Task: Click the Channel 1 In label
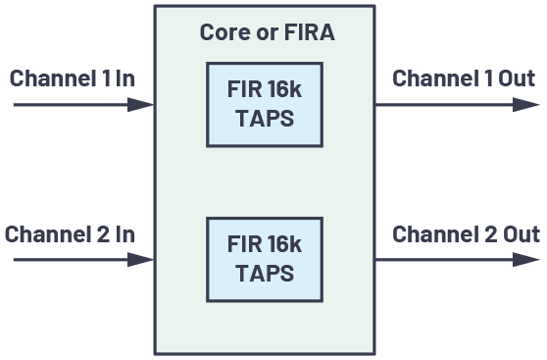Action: pyautogui.click(x=73, y=78)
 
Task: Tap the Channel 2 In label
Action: pyautogui.click(x=70, y=235)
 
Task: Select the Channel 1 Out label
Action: pyautogui.click(x=464, y=78)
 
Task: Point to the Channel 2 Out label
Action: pyautogui.click(x=466, y=235)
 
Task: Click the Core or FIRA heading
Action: pyautogui.click(x=267, y=32)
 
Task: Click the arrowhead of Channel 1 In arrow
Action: pyautogui.click(x=143, y=104)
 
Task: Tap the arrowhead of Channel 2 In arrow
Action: pyautogui.click(x=143, y=260)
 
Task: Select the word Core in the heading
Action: pyautogui.click(x=223, y=32)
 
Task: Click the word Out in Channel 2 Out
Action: pyautogui.click(x=520, y=235)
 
